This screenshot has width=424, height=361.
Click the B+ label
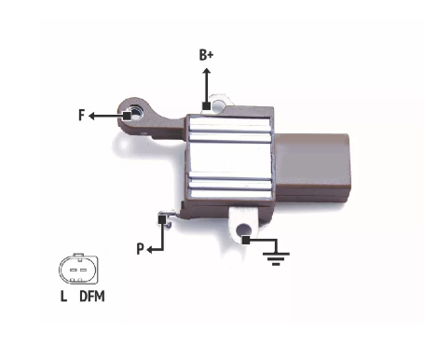206,55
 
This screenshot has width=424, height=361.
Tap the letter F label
82,115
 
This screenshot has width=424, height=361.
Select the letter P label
141,249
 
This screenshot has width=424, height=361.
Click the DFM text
92,296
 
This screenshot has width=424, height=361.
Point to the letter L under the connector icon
63,296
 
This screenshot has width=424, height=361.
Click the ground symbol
276,258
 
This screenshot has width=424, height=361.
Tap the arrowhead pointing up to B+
207,71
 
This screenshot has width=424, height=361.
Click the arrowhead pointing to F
91,117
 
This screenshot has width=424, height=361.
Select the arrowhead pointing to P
149,250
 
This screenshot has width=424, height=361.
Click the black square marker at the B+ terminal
206,106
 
